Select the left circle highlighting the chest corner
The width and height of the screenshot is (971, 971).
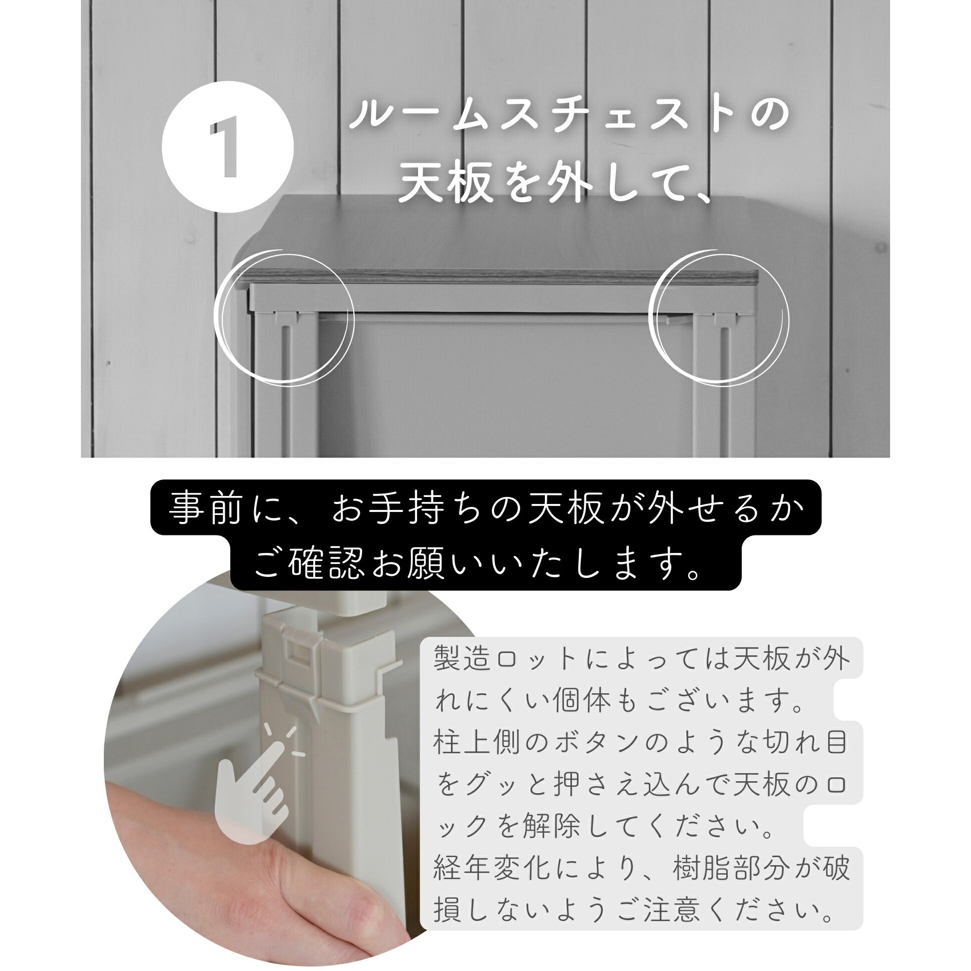[x=284, y=318]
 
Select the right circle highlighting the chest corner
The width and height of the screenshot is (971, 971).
[x=719, y=318]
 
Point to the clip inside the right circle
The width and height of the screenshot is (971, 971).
[x=724, y=318]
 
